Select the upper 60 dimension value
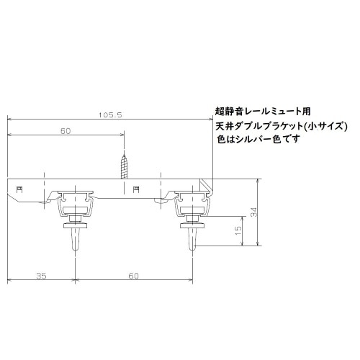pos(66,132)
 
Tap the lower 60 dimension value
pos(134,275)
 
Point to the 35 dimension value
pos(40,275)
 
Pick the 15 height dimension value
pos(238,233)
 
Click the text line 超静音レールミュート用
pos(263,112)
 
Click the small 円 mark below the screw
pos(136,189)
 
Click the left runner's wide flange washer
pos(76,225)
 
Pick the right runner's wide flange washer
pos(192,225)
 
